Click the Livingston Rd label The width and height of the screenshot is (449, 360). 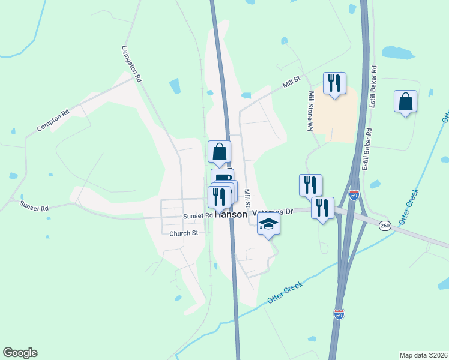(x=132, y=63)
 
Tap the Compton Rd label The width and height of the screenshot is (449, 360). (x=53, y=120)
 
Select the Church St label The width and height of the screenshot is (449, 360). (x=184, y=233)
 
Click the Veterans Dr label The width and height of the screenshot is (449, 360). (x=273, y=212)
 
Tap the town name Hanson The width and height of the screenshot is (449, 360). (x=231, y=214)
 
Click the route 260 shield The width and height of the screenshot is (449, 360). (x=385, y=225)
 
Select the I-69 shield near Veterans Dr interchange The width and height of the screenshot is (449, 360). (x=354, y=196)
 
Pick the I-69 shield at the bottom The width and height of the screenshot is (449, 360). (x=339, y=314)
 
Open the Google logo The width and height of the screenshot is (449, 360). (x=20, y=353)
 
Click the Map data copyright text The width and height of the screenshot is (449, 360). (x=423, y=355)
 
